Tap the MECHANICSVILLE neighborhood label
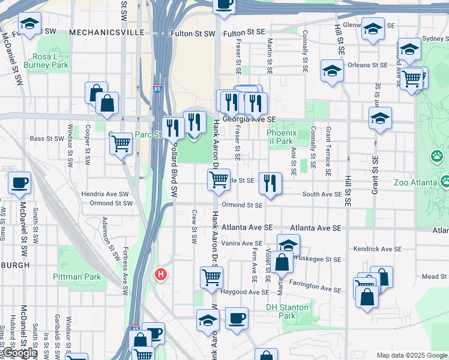pyautogui.click(x=106, y=32)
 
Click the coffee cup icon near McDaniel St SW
pyautogui.click(x=20, y=182)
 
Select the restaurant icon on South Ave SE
pyautogui.click(x=271, y=182)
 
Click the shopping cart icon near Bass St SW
pyautogui.click(x=121, y=144)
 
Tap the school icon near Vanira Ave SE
pyautogui.click(x=289, y=245)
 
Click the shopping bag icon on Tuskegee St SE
pyautogui.click(x=282, y=262)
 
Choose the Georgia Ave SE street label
pyautogui.click(x=249, y=120)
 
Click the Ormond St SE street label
pyautogui.click(x=242, y=205)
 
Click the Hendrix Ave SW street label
pyautogui.click(x=105, y=194)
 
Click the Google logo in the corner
pyautogui.click(x=19, y=353)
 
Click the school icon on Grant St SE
pyautogui.click(x=380, y=119)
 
